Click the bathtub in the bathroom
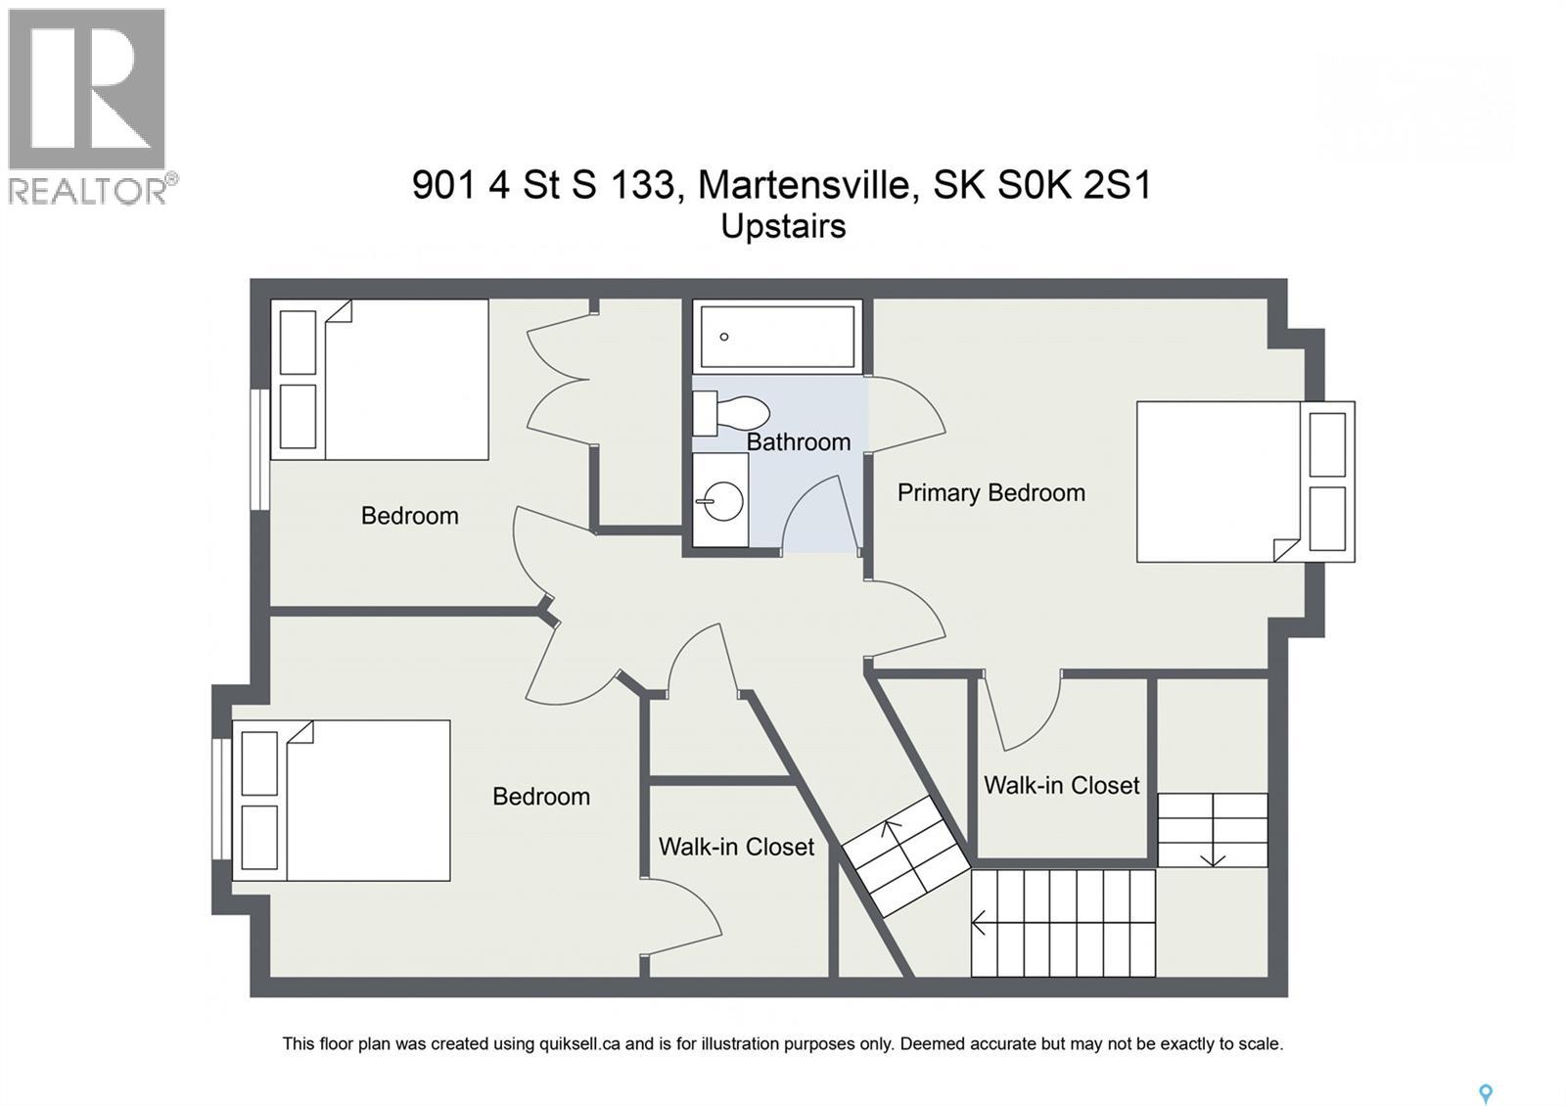[777, 336]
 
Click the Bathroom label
[798, 442]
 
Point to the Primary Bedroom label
[990, 492]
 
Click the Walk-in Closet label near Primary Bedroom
[1061, 786]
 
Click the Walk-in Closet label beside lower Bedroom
[736, 847]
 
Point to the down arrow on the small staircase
[1213, 855]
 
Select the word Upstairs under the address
[783, 226]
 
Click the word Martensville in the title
[803, 184]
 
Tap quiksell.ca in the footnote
[579, 1043]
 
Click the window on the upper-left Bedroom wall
[259, 449]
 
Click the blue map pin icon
[1485, 1093]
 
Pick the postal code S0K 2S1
[1075, 184]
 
